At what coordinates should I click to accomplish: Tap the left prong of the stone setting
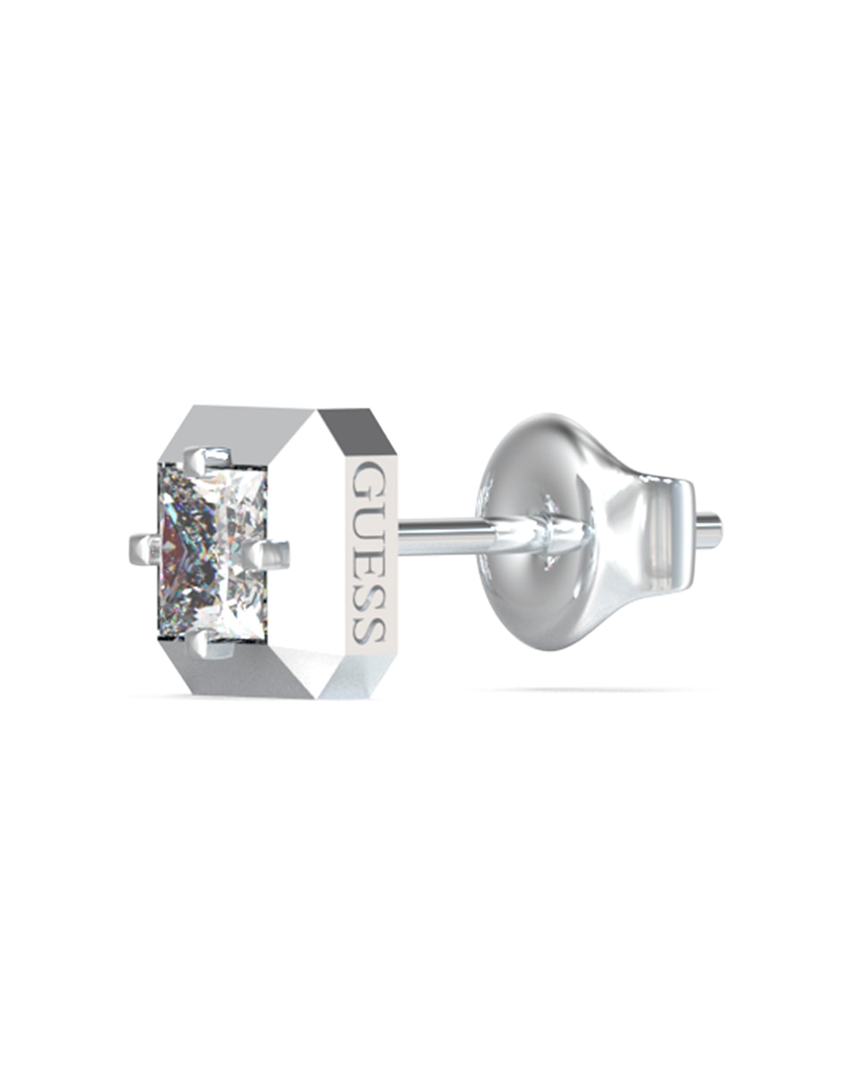tap(145, 549)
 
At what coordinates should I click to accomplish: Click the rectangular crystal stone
tap(212, 552)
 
